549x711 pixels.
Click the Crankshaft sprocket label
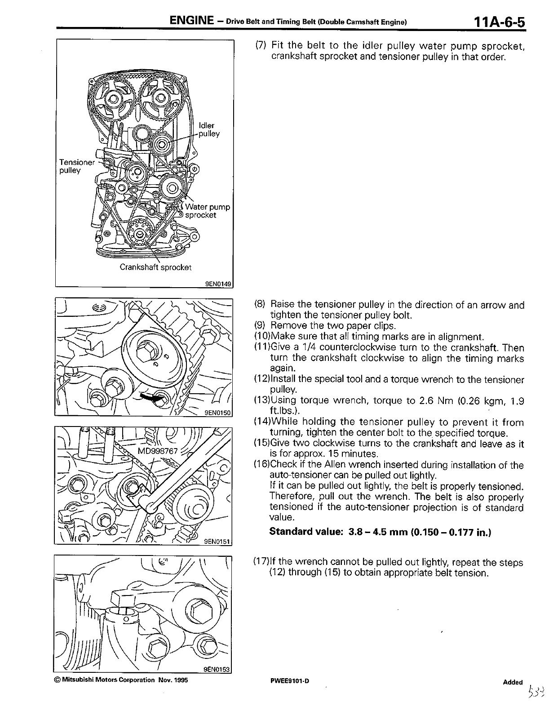pos(155,267)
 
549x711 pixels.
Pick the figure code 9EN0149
pos(218,283)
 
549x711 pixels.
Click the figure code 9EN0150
pos(217,412)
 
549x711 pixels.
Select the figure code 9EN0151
pos(217,542)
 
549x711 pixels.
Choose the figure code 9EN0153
pos(217,669)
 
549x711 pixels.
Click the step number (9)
pos(261,326)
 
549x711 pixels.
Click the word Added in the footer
pos(513,682)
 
